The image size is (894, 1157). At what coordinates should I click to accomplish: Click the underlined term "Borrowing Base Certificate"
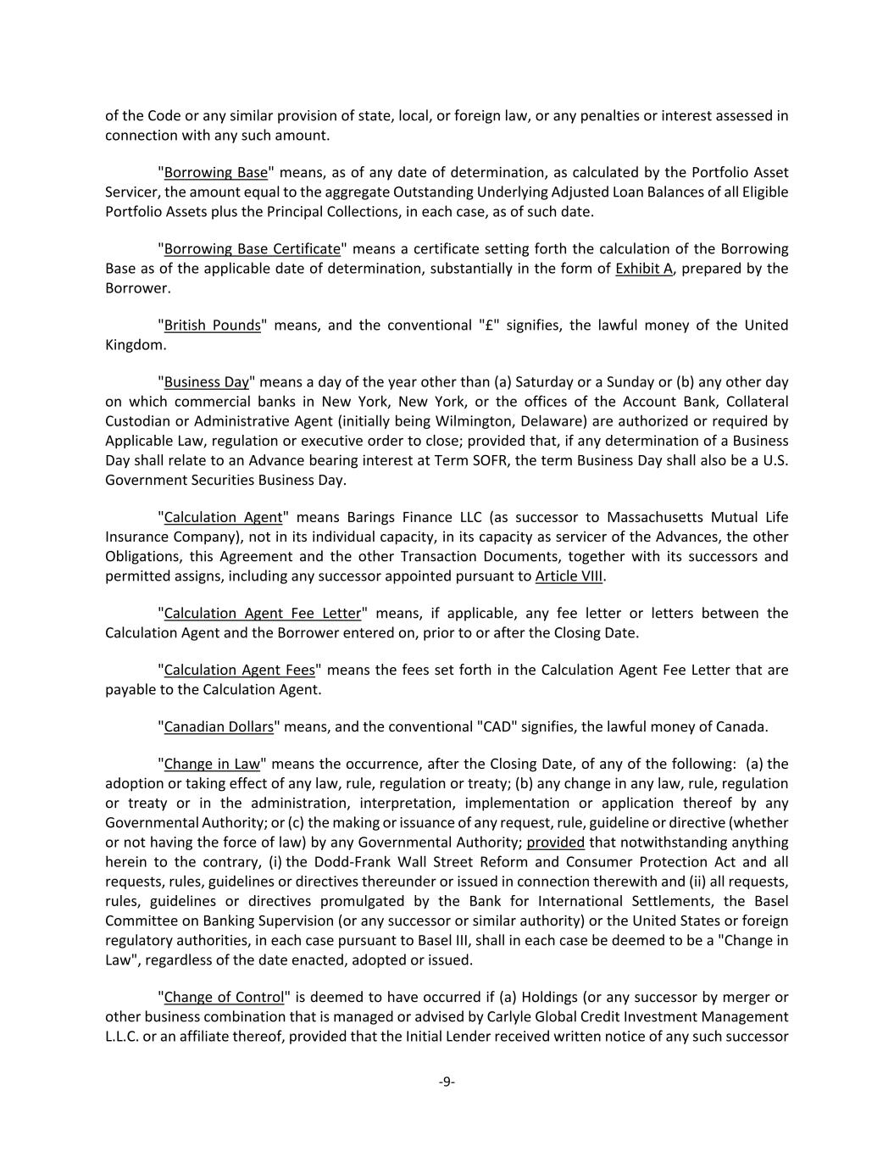(252, 249)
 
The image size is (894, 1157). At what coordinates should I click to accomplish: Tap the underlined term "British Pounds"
(212, 325)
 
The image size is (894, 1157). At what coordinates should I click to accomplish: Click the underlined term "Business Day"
(206, 382)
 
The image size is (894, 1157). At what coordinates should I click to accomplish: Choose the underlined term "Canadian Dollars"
(219, 727)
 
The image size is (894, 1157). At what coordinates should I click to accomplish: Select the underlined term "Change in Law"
(212, 765)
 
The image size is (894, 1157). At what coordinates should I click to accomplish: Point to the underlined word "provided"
(555, 843)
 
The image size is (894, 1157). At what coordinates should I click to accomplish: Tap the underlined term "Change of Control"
(224, 998)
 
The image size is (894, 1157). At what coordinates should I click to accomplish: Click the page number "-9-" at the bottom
(447, 1082)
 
